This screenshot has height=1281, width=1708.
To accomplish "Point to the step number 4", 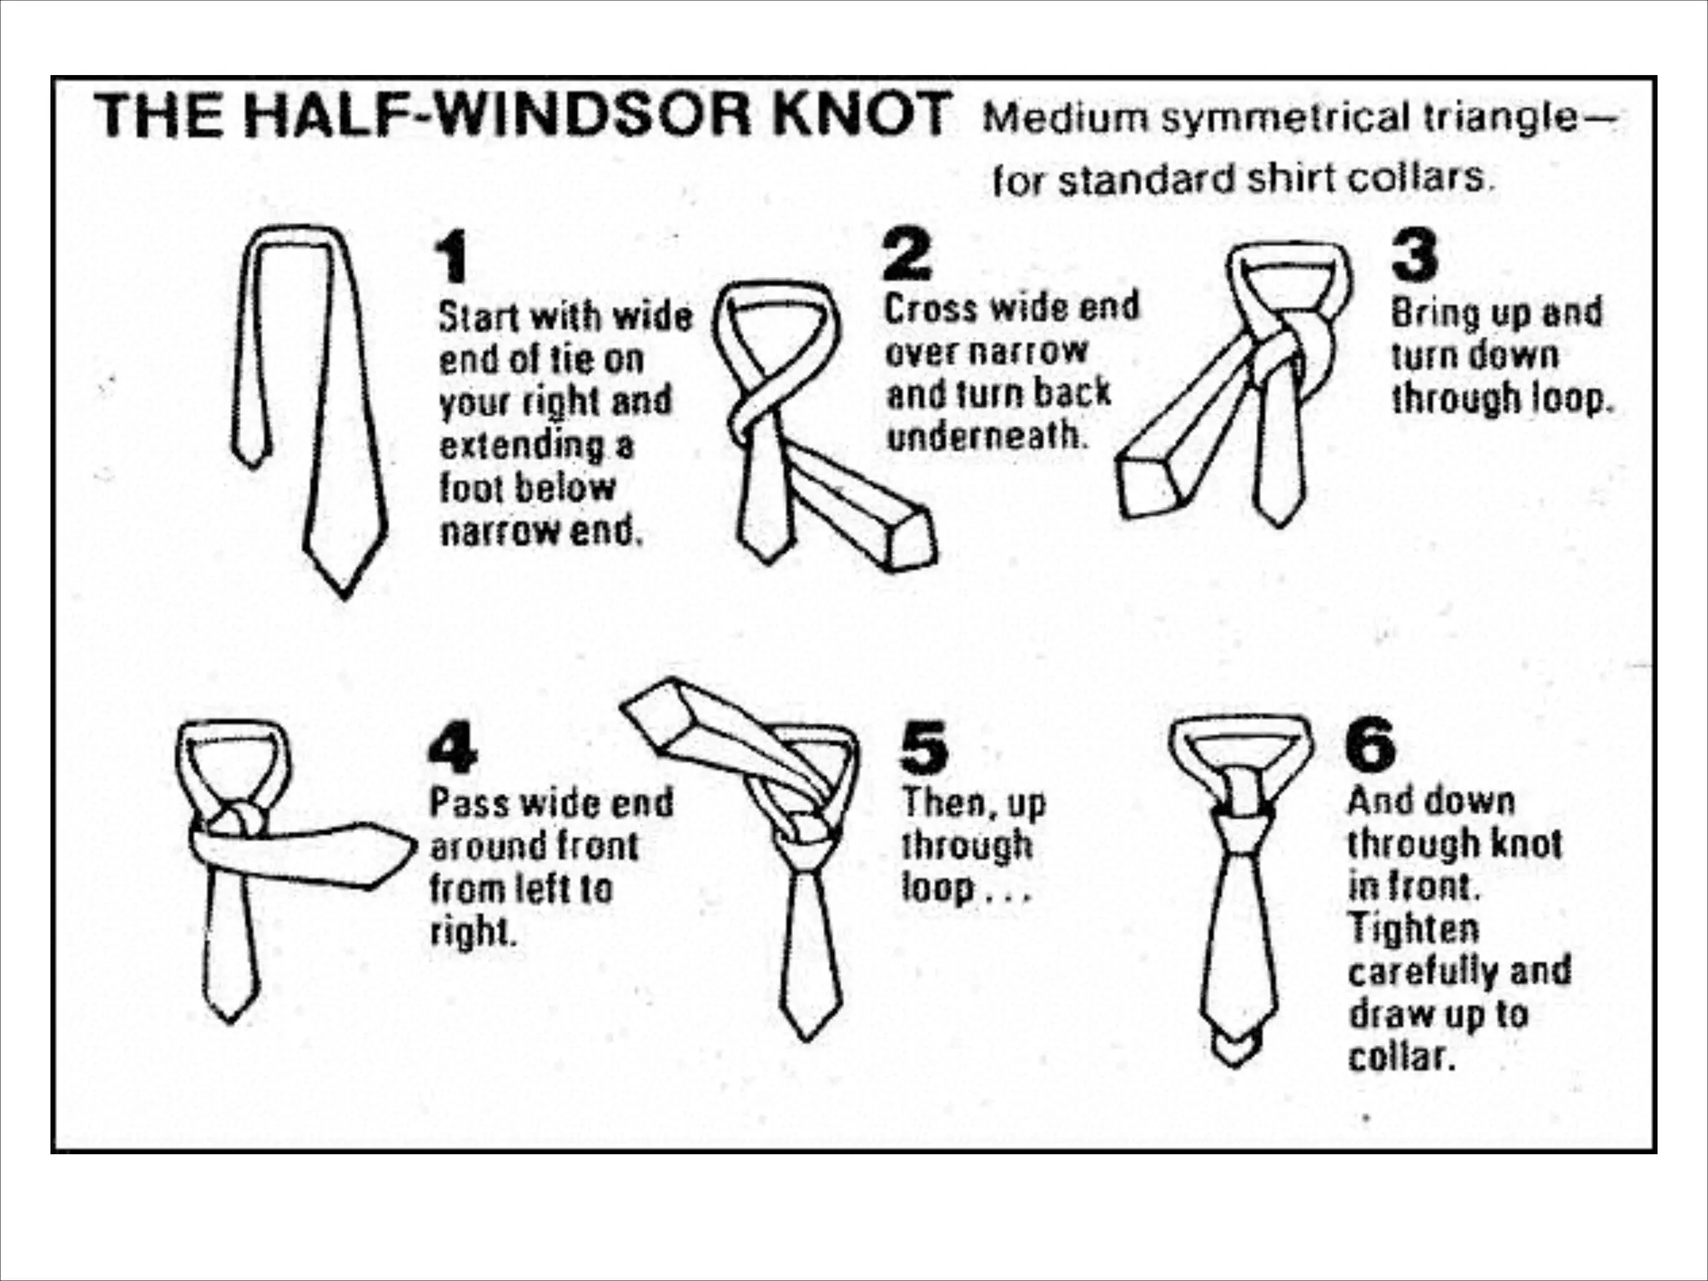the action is pyautogui.click(x=452, y=747).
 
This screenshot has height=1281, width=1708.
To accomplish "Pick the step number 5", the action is pyautogui.click(x=924, y=747).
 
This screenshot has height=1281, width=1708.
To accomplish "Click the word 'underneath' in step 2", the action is pyautogui.click(x=987, y=435).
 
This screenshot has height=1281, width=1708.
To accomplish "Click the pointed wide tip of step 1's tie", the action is pyautogui.click(x=344, y=597).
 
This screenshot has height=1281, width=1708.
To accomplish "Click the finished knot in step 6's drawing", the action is pyautogui.click(x=1242, y=825).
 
